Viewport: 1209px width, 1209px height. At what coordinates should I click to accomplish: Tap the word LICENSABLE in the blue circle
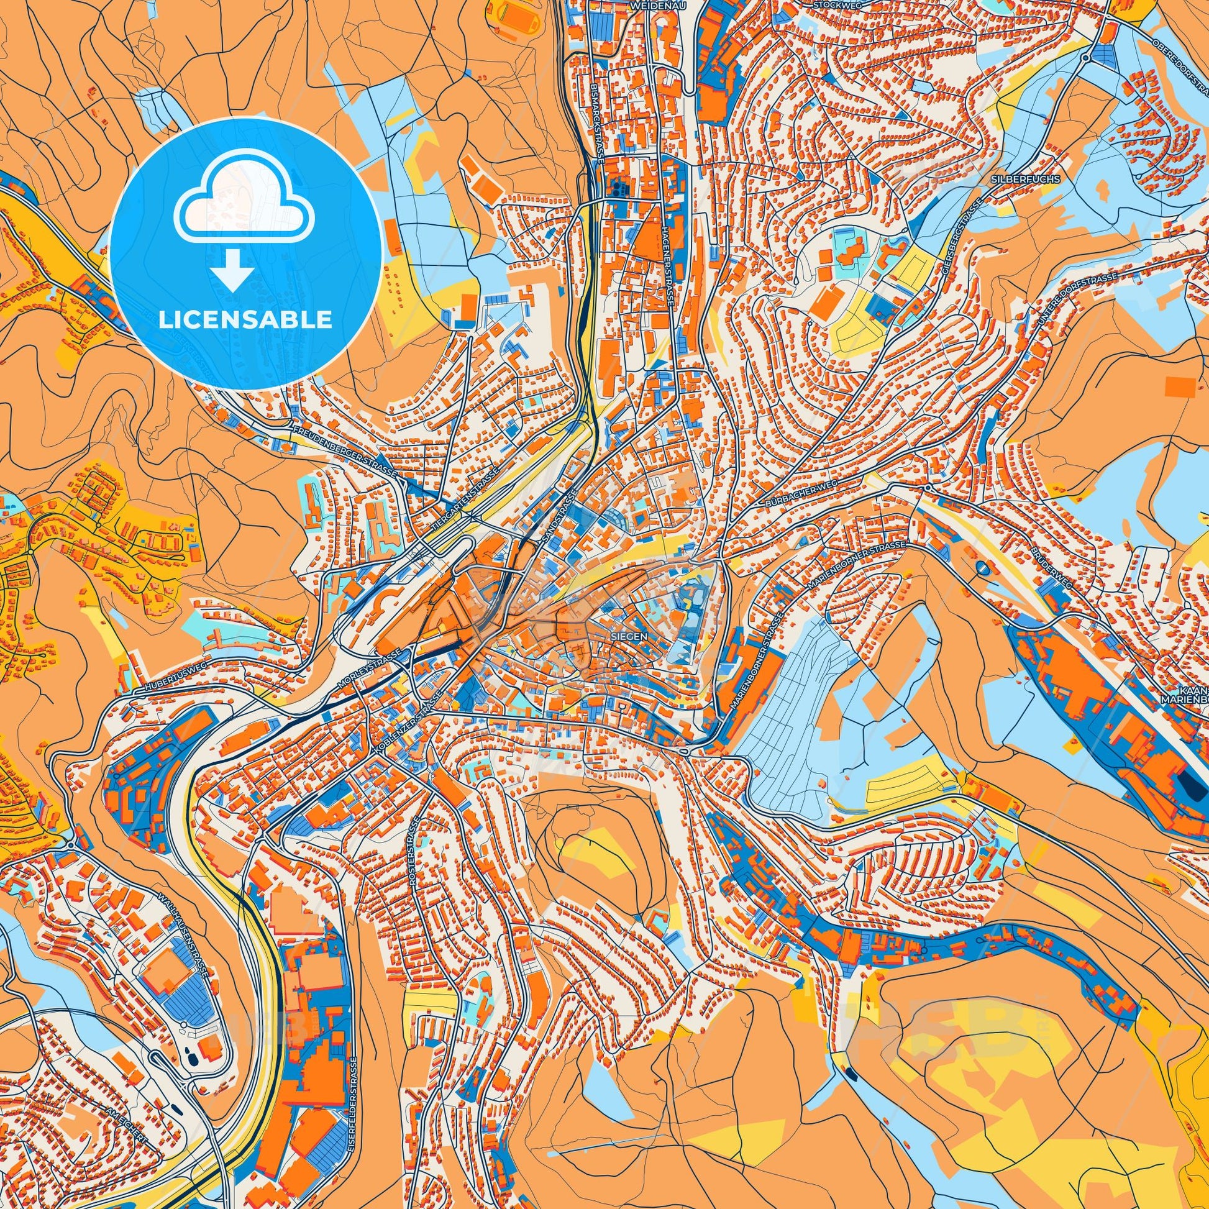[245, 320]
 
